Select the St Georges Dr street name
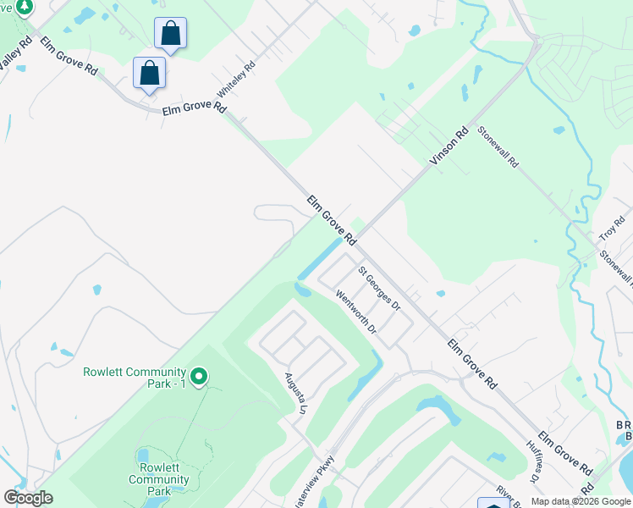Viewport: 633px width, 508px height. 377,289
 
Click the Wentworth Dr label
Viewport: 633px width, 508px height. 355,312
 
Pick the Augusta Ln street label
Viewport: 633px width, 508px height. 294,393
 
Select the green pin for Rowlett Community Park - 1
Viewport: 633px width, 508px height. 199,375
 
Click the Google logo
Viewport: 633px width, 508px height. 28,498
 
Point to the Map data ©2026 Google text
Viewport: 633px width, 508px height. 580,501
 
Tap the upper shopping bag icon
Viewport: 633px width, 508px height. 170,34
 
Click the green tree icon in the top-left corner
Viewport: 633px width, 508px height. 24,7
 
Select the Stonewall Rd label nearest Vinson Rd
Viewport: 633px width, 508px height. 498,146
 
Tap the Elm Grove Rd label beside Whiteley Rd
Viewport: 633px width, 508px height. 195,108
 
